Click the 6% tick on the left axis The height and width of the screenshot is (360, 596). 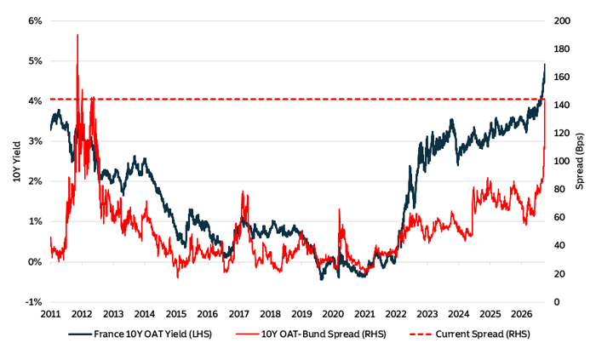coord(35,21)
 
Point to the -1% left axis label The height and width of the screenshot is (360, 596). coord(33,302)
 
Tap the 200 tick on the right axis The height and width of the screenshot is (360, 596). coord(562,21)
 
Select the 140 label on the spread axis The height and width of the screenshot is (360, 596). coord(562,106)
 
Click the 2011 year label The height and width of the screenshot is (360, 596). coord(50,314)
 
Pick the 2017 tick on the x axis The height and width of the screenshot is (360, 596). coord(238,314)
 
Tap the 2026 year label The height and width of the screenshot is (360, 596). coord(521,314)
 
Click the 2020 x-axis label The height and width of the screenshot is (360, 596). coord(333,314)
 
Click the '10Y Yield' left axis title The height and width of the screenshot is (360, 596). coord(17,162)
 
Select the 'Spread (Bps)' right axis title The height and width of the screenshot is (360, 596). coord(579,161)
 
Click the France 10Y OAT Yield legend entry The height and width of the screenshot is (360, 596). coord(140,334)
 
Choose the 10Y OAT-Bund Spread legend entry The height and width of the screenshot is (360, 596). coord(311,334)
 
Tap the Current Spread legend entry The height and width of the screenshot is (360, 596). coord(470,334)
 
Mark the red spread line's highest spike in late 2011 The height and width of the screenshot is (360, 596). coord(77,35)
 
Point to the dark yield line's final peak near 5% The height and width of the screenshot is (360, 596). coord(545,65)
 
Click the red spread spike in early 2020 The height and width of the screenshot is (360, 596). coord(339,210)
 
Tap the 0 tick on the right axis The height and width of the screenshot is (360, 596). coord(557,302)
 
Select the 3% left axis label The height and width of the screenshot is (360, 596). coord(35,141)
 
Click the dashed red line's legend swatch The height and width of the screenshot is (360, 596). coord(421,334)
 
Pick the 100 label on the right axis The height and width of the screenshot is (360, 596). coord(562,162)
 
